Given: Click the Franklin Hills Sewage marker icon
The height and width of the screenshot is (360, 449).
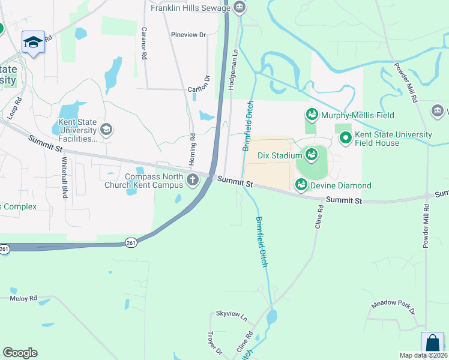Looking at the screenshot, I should tap(240, 8).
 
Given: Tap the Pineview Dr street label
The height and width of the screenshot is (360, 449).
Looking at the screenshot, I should tap(188, 35).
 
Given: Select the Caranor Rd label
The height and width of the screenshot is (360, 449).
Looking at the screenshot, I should tap(144, 43).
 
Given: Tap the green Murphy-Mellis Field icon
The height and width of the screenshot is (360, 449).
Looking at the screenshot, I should tap(312, 114).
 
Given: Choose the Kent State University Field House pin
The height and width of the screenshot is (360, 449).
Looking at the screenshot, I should tap(346, 139).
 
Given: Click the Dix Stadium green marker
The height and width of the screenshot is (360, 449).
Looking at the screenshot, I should tap(312, 155).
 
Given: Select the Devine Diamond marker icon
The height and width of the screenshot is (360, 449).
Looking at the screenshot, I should tap(301, 185).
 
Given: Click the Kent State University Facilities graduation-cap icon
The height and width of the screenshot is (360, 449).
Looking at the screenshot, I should tap(106, 130).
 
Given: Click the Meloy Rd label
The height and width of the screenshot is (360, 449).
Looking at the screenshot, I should tap(23, 298).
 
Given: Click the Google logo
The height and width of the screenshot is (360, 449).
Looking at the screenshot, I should tap(20, 353).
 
